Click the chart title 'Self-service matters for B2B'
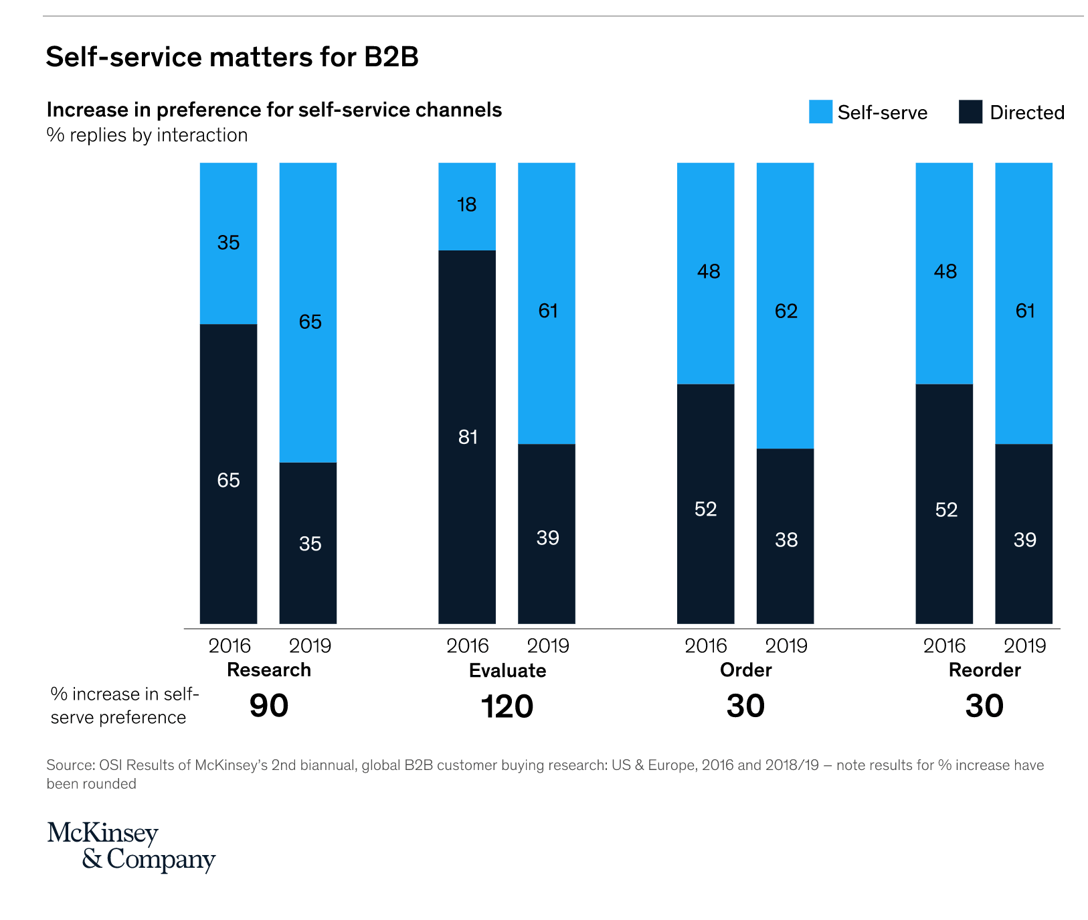232,57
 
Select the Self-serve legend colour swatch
820,112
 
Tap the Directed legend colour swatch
970,112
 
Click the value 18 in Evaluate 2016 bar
467,204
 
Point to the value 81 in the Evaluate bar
468,437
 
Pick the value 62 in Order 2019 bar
786,311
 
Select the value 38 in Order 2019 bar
786,540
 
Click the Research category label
269,670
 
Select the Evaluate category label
507,670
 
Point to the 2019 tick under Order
786,645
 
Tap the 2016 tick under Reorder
944,645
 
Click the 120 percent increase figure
507,706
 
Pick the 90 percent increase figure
269,706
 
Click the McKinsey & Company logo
131,846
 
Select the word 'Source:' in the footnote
70,765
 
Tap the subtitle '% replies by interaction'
147,135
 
